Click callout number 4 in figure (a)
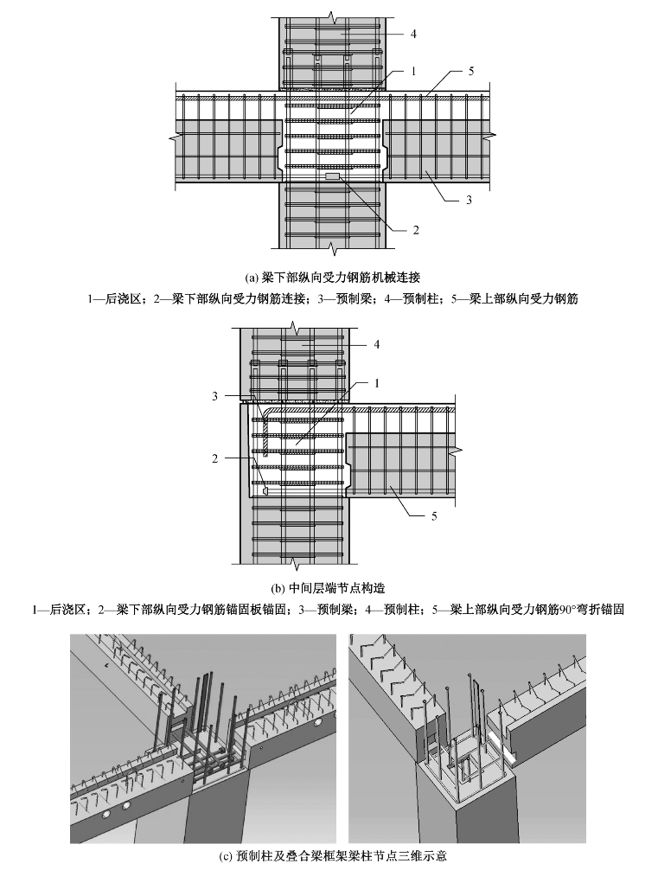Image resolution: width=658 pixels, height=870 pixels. [413, 34]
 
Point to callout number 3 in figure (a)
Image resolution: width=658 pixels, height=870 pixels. [469, 200]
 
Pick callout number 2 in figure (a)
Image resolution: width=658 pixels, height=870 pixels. [415, 230]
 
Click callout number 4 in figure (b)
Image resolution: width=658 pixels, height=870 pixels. [376, 344]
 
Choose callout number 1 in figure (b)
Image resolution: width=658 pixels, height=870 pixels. [377, 381]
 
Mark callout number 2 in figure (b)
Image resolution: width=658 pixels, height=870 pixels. [215, 458]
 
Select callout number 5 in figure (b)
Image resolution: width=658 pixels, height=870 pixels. [435, 516]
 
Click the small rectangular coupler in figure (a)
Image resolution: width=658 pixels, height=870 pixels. [331, 176]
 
